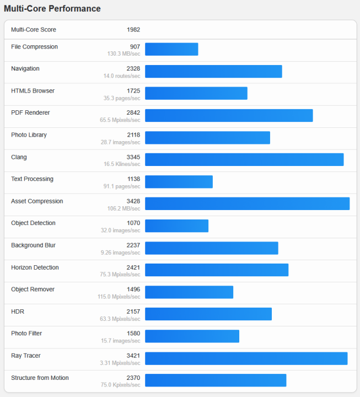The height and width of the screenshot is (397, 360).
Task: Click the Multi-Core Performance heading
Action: click(x=52, y=9)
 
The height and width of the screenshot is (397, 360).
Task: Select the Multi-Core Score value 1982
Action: click(x=133, y=30)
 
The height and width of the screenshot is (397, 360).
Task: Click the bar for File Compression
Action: click(x=171, y=49)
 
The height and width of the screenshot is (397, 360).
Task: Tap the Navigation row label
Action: click(x=25, y=68)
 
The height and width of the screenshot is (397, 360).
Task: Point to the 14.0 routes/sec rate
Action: click(x=121, y=76)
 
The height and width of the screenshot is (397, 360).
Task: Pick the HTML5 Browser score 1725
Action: click(x=133, y=90)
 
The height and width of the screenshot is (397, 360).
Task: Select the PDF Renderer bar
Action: click(x=229, y=115)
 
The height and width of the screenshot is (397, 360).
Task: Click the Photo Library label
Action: click(x=29, y=135)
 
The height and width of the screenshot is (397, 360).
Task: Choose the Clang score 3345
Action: click(x=133, y=157)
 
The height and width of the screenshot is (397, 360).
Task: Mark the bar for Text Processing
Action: click(x=179, y=181)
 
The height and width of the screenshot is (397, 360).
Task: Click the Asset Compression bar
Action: click(x=247, y=203)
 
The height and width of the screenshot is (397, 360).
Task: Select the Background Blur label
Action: click(x=33, y=245)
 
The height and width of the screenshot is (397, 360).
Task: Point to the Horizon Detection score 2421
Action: click(x=133, y=267)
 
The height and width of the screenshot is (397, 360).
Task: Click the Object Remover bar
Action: click(x=189, y=292)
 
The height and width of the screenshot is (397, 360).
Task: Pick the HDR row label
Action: click(x=18, y=312)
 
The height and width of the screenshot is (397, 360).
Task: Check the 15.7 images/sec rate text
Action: click(x=121, y=341)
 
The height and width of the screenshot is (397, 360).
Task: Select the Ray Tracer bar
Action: click(x=246, y=358)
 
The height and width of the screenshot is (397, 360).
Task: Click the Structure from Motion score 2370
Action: click(x=133, y=378)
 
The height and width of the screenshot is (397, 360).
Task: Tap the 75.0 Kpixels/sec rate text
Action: click(x=121, y=385)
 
